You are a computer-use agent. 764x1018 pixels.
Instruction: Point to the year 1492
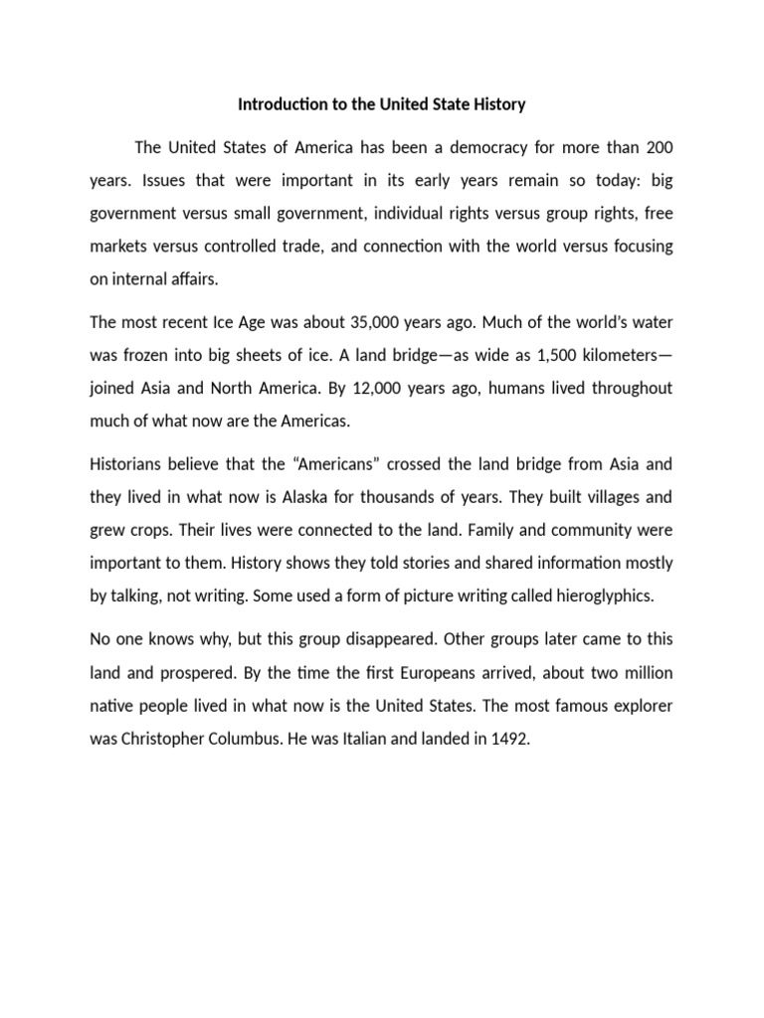pyautogui.click(x=496, y=739)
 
